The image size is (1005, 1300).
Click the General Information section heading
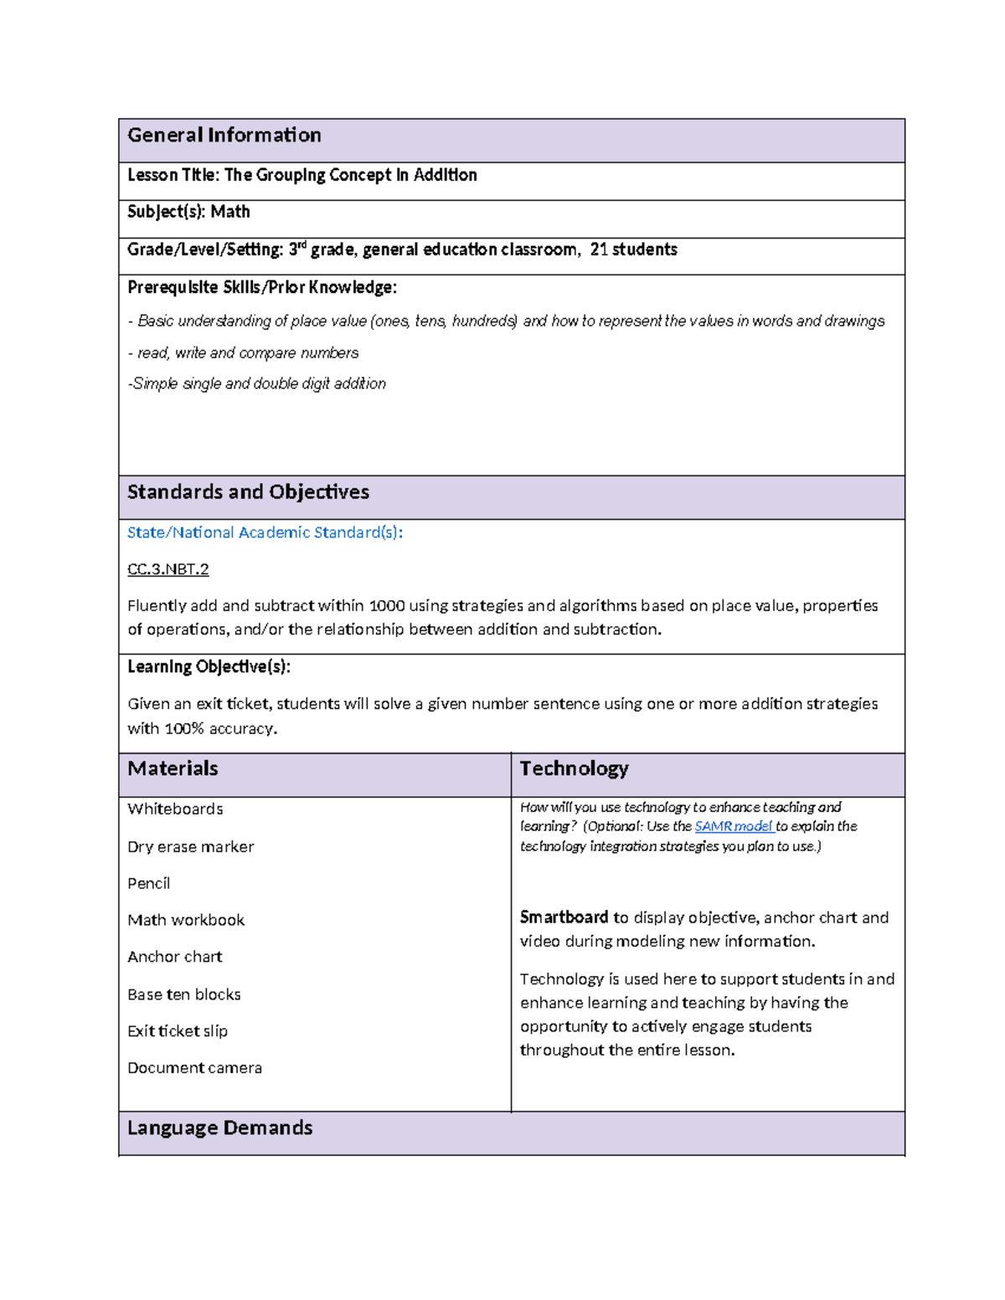coord(224,136)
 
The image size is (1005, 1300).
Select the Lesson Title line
coord(301,175)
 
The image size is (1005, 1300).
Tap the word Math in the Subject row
coord(230,212)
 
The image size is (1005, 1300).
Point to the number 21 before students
coord(599,249)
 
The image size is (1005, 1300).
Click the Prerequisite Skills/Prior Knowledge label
coord(261,287)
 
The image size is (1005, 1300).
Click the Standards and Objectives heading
coord(248,492)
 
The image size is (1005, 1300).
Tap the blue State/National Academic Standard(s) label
coord(265,532)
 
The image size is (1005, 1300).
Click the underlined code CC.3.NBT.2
coord(167,569)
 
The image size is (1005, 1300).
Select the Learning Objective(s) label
coord(209,666)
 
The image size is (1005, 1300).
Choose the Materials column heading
coord(173,768)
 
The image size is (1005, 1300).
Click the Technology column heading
coord(574,768)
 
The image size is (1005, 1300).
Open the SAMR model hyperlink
coord(734,826)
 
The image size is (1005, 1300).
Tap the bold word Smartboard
coord(564,917)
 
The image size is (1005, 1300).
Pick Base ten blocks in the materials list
coord(184,994)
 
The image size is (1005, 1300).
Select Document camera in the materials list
coord(194,1068)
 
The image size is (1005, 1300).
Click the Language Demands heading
coord(219,1128)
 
